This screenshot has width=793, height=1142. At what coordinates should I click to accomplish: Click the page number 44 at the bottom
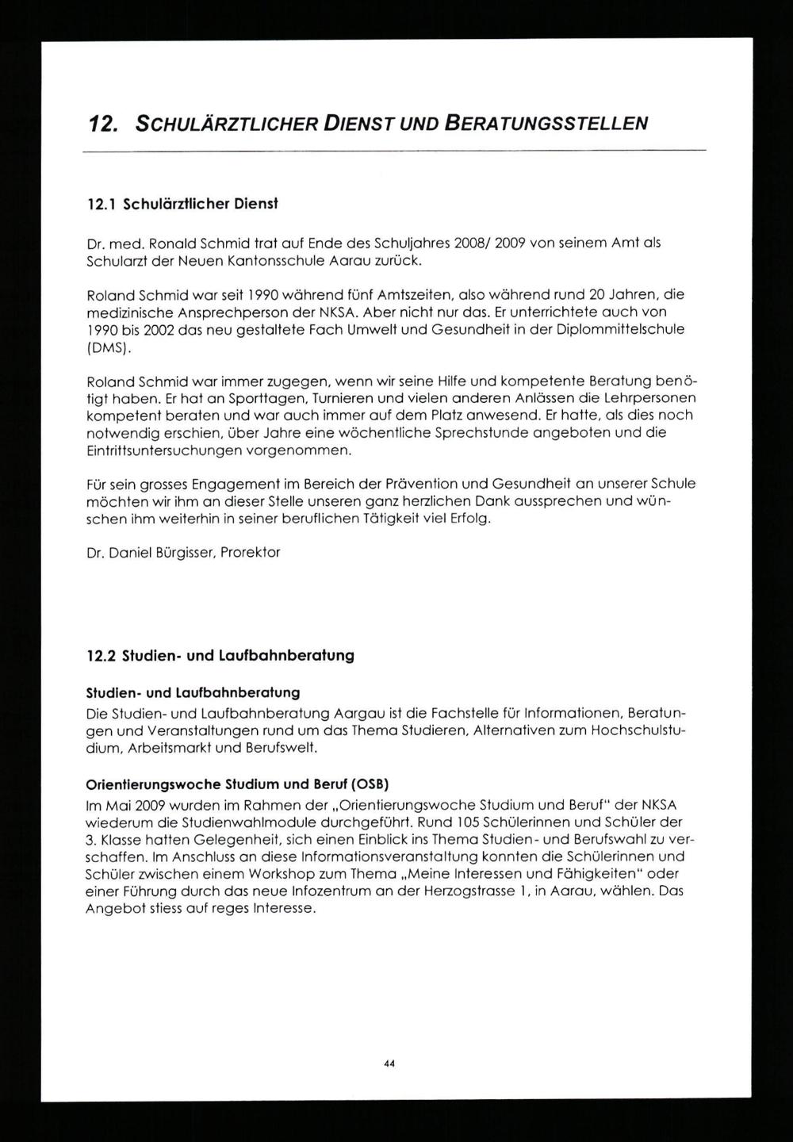coord(389,1063)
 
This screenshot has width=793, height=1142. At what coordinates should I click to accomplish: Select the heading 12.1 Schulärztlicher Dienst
coord(182,204)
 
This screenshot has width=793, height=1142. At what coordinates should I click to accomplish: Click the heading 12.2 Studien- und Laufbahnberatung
coord(220,656)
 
